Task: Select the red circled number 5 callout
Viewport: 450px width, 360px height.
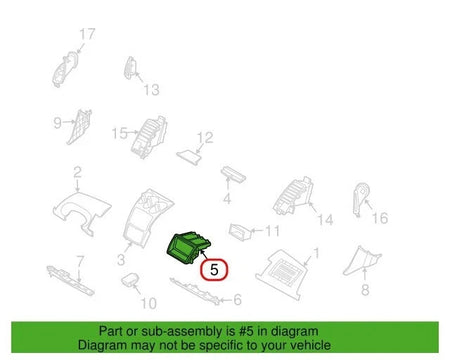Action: (214, 268)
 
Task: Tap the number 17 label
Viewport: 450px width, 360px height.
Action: (88, 34)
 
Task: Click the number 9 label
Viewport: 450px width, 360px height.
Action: (58, 124)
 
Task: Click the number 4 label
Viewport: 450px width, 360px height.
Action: (227, 198)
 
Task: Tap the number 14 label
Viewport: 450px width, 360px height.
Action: (323, 219)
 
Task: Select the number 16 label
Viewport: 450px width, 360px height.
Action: (378, 217)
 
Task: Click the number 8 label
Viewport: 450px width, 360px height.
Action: (365, 289)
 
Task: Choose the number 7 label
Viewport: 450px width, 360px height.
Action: (82, 261)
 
